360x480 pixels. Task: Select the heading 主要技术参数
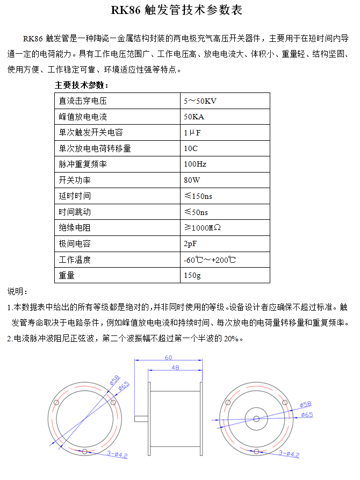pos(82,85)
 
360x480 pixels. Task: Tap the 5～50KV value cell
pos(200,101)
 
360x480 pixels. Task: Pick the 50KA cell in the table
pos(194,117)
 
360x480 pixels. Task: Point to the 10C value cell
pos(191,148)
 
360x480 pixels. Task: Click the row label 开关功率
pos(74,180)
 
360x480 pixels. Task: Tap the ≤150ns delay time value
pos(198,196)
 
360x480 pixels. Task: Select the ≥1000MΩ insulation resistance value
pos(202,228)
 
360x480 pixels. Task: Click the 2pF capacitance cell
pos(190,244)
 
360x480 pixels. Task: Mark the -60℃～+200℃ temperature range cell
pos(210,260)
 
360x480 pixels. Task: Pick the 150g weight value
pos(192,276)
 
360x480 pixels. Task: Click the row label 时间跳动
pos(74,212)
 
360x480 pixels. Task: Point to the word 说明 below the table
pos(17,291)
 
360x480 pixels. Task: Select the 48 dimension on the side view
pos(175,367)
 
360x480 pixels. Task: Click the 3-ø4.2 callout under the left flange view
pos(117,455)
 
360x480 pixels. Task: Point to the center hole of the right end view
pos(256,419)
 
